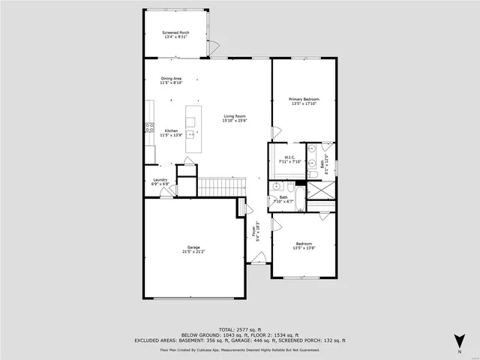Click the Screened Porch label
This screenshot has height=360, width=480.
coord(175,33)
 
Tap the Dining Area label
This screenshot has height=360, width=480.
coord(170,79)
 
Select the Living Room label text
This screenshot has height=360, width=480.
coord(235,116)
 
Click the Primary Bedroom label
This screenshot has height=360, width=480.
coord(304,99)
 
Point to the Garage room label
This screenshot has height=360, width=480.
coord(193,247)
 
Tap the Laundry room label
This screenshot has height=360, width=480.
coord(160,179)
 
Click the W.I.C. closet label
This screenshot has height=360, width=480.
coord(288,157)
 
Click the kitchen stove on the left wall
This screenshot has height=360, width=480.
coord(149,127)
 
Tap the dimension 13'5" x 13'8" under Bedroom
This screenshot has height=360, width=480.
coord(304,247)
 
